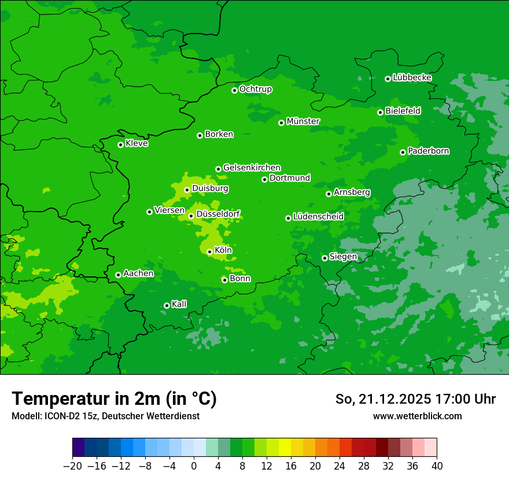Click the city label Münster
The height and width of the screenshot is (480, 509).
pos(303,121)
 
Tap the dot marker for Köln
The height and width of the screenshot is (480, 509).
pos(209,252)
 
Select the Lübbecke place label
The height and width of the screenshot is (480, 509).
pos(412,77)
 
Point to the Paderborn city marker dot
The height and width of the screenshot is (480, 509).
pos(403,152)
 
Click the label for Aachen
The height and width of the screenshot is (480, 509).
pos(138,274)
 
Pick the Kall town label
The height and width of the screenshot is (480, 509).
pos(179,304)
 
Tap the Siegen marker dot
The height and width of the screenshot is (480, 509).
pos(324,258)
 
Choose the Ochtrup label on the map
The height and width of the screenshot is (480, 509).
pos(256,89)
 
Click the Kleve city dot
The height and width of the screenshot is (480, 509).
pos(120,145)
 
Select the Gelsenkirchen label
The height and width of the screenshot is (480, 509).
pos(252,168)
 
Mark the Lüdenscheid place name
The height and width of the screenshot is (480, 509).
pos(318,217)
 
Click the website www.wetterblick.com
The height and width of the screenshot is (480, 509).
pos(418,416)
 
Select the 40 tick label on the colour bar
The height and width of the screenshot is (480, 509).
pos(437,466)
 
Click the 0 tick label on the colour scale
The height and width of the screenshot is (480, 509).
pos(194,466)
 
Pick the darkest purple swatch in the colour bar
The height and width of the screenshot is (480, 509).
pos(79,448)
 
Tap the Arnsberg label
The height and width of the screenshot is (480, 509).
pos(352,192)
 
